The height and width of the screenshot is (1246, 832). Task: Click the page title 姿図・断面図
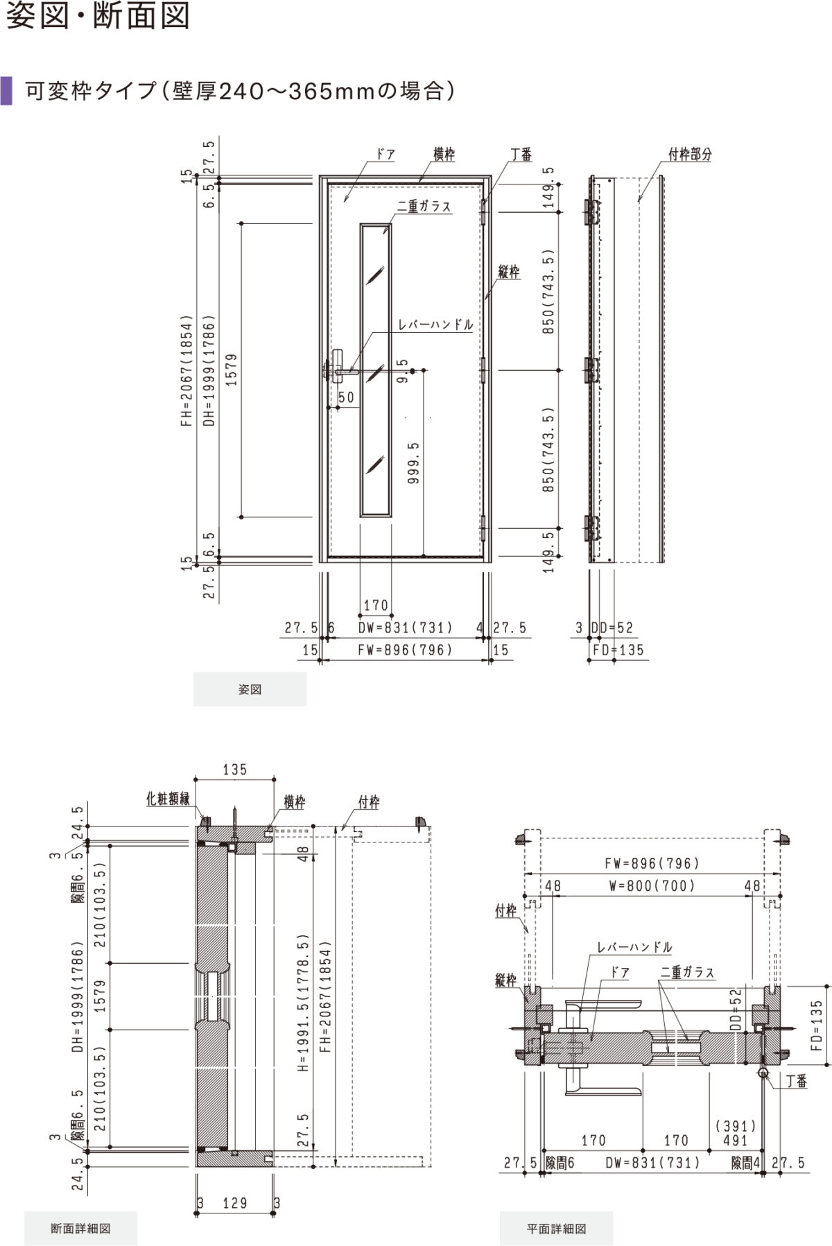(98, 16)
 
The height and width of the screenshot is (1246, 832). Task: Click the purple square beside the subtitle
(6, 90)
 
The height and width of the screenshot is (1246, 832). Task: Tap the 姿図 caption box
(250, 689)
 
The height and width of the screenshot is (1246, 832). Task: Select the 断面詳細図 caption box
(81, 1228)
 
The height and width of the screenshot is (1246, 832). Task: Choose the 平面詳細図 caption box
(557, 1228)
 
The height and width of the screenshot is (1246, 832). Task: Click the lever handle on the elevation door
(340, 367)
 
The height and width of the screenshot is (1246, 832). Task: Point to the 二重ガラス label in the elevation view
(424, 206)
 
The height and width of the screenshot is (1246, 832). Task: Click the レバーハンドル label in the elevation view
(436, 325)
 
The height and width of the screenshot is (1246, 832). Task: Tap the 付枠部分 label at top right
(690, 155)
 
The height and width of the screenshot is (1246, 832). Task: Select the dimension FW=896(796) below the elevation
(406, 650)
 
